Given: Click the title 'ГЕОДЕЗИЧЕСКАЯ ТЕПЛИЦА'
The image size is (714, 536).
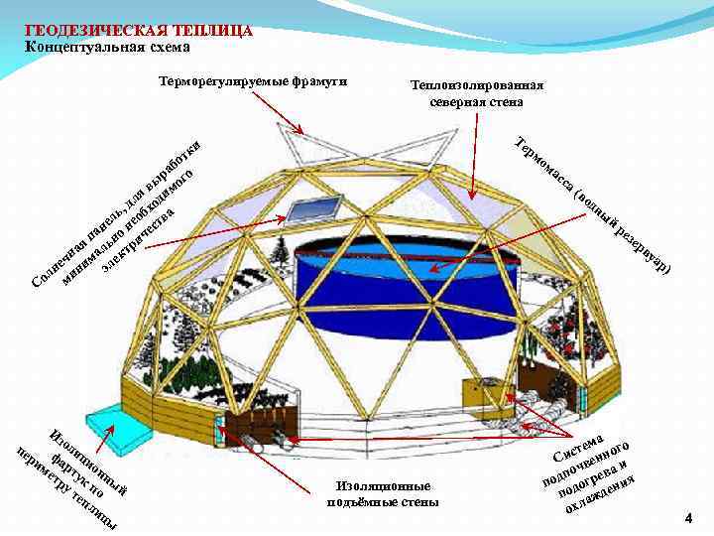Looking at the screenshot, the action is [139, 30].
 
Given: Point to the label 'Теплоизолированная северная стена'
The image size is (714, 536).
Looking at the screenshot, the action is [476, 93].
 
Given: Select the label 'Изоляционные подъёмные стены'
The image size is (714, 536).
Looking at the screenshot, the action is [382, 493].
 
